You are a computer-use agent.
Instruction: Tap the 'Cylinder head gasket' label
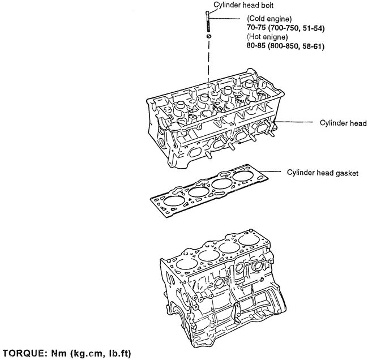322,172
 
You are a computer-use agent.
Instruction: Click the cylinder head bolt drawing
209,23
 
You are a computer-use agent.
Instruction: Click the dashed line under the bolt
209,57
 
